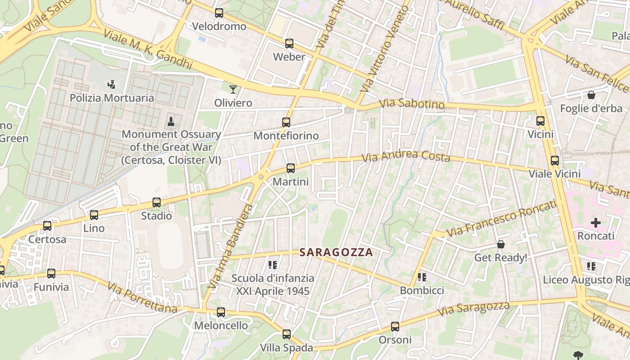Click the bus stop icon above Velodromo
(x=219, y=13)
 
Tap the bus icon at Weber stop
(x=289, y=44)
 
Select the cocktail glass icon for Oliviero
(x=233, y=89)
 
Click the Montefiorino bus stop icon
(x=286, y=122)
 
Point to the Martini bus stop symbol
(x=291, y=168)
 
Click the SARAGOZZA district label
(x=337, y=252)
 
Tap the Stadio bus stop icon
(x=157, y=202)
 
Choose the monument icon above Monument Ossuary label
(x=171, y=121)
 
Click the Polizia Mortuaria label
(x=112, y=98)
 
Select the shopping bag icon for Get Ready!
(x=501, y=244)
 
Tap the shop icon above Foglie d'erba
(x=591, y=95)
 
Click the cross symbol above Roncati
(x=596, y=222)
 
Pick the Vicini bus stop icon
(x=540, y=121)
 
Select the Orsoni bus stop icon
(x=395, y=327)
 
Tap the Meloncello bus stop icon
(x=221, y=312)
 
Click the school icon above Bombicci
(x=422, y=277)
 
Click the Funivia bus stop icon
(x=51, y=273)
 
